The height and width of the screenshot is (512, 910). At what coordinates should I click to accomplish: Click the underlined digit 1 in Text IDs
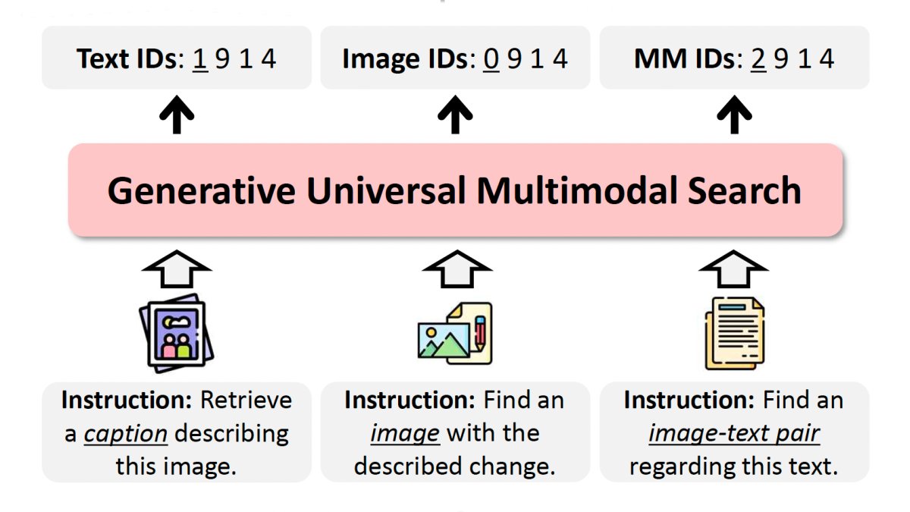coord(200,58)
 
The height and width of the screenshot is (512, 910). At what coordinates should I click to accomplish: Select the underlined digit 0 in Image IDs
coord(491,58)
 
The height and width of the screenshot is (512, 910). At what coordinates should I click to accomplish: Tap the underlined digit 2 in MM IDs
coord(758,58)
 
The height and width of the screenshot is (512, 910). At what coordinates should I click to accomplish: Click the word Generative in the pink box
coord(201,190)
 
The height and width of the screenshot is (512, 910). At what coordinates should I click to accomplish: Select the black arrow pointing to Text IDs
coord(177,116)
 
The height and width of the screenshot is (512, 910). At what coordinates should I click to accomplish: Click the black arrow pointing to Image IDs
coord(455,116)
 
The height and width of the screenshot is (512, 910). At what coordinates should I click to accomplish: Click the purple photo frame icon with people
coord(177,334)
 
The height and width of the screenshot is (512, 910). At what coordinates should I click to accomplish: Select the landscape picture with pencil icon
coord(455,334)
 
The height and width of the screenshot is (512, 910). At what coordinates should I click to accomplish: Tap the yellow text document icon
coord(733,334)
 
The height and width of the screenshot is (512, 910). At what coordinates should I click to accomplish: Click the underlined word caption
coord(126,433)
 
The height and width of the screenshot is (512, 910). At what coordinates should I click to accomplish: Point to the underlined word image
coord(405,433)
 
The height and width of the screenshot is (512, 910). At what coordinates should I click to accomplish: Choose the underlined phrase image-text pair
coord(734,433)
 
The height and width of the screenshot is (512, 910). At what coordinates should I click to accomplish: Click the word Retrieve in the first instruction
coord(246,400)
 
